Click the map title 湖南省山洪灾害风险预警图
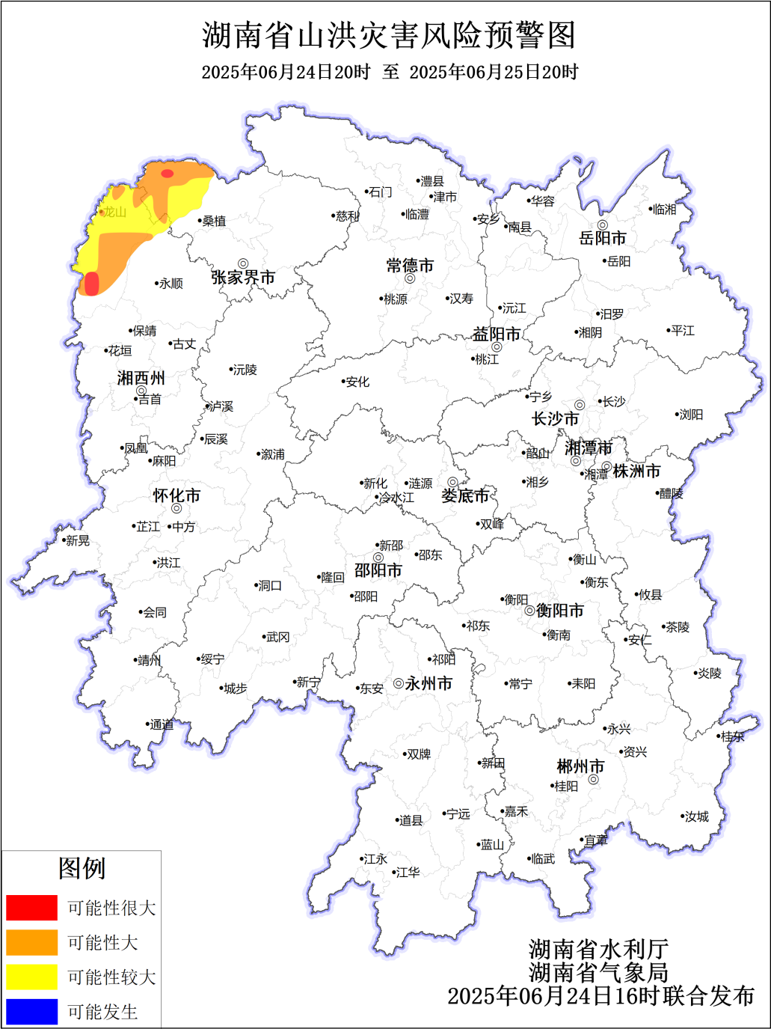point(389,35)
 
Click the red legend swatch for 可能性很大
point(31,907)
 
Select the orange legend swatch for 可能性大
point(31,942)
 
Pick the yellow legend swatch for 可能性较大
point(31,977)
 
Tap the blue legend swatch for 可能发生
point(31,1011)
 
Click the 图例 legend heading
point(82,868)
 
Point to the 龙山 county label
point(114,212)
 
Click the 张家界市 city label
point(243,278)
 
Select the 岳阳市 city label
point(602,239)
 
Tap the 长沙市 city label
point(555,418)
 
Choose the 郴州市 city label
point(580,766)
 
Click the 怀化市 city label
point(176,495)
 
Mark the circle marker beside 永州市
point(399,683)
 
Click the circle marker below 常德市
point(410,278)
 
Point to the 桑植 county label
point(214,221)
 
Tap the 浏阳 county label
point(691,415)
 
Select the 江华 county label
point(408,872)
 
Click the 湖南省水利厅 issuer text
point(598,950)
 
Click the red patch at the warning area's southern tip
point(91,284)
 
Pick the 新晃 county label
point(77,540)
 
